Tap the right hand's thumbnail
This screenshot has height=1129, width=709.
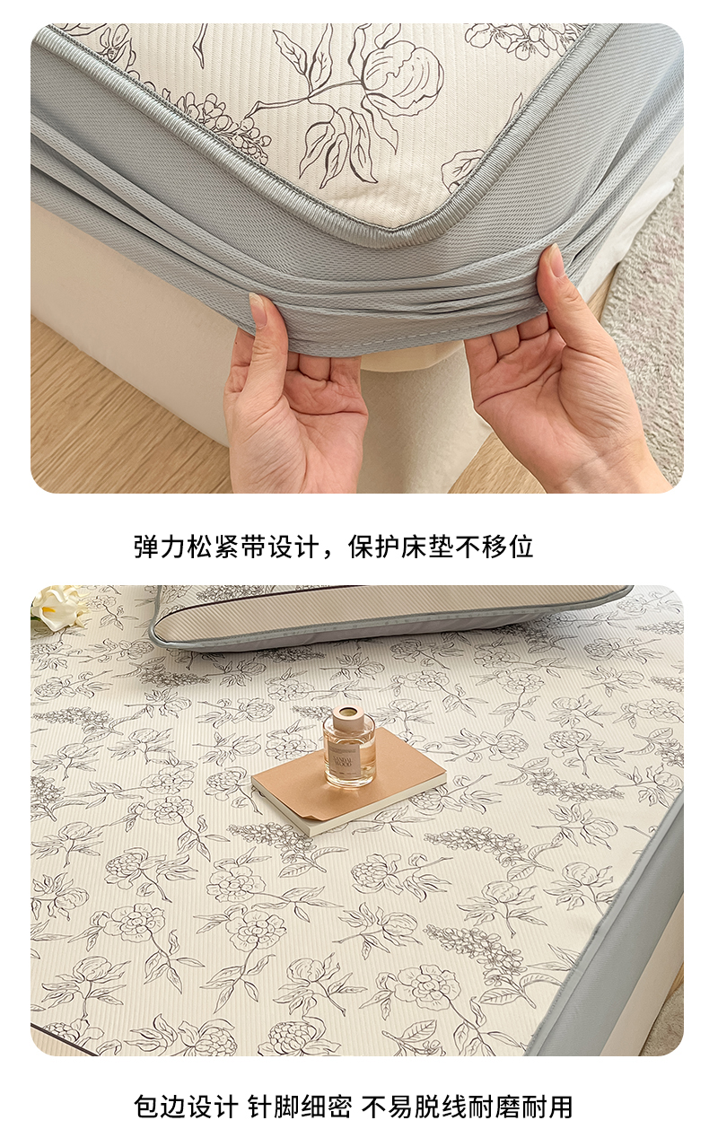[x=556, y=261]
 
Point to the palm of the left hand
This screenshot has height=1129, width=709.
[x=297, y=414]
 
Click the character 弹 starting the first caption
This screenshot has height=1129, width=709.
[x=146, y=547]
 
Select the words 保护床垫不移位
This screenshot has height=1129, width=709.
[x=441, y=547]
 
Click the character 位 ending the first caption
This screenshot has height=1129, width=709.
[x=521, y=547]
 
